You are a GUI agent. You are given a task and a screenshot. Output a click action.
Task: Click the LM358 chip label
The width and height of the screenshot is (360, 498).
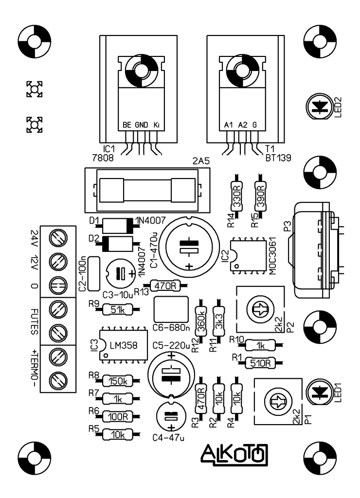(x=123, y=345)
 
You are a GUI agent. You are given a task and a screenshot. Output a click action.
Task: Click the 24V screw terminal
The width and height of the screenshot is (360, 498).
(x=58, y=237)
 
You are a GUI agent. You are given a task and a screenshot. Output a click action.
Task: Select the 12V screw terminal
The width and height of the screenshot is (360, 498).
(x=58, y=262)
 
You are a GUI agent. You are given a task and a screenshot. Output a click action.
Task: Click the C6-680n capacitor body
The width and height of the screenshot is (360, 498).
(x=171, y=310)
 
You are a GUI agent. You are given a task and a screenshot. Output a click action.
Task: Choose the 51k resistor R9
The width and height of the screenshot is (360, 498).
(x=118, y=310)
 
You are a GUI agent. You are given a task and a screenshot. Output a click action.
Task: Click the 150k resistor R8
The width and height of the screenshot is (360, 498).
(x=118, y=381)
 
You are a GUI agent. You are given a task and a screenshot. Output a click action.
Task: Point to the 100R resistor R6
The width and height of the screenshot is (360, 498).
(x=118, y=416)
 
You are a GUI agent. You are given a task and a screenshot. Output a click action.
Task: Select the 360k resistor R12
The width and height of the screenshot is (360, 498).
(x=201, y=321)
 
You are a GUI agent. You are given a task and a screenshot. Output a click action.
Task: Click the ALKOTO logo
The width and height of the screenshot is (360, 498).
(x=234, y=454)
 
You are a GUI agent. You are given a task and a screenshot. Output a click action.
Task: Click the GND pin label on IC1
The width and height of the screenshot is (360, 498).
(x=142, y=125)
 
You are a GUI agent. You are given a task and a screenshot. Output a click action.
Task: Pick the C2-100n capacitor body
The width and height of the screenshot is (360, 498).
(x=93, y=274)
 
